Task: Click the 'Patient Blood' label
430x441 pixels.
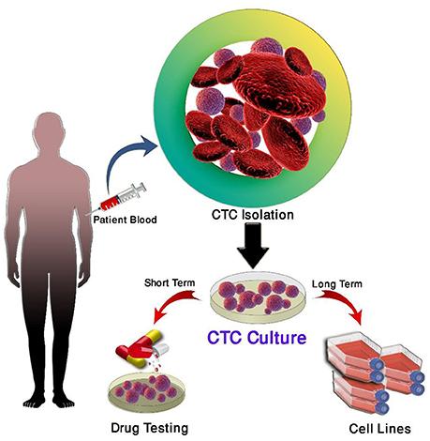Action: [125, 220]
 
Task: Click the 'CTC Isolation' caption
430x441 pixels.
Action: [252, 215]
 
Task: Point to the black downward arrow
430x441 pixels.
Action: [253, 245]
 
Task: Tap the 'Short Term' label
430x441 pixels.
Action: [170, 282]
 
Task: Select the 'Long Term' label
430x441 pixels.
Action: [337, 284]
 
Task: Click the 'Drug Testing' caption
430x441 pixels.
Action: [150, 428]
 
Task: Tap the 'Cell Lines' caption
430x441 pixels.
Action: [379, 429]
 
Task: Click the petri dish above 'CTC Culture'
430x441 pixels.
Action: [258, 297]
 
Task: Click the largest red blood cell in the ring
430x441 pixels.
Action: [280, 85]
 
